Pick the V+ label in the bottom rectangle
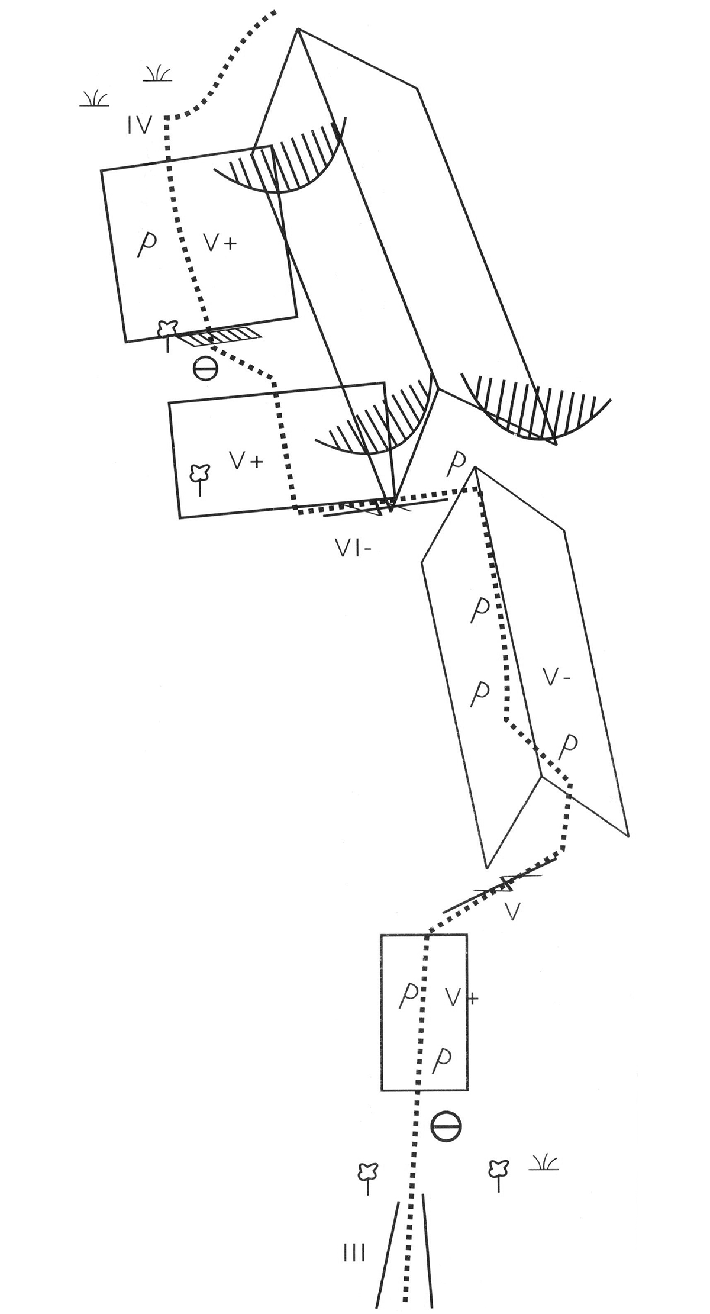coord(462,999)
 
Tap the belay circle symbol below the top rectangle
coord(205,369)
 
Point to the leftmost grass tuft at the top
coord(95,98)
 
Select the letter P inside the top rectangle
coord(143,244)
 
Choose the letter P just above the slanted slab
coord(454,465)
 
